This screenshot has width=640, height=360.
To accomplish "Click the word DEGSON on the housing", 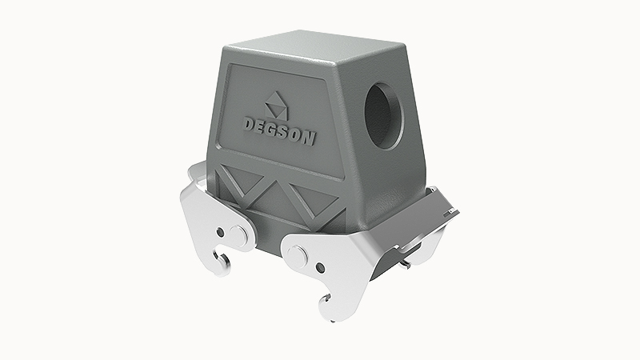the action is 279,130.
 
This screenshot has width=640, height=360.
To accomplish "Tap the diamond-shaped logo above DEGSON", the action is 276,106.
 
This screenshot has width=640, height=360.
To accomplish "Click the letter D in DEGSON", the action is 250,124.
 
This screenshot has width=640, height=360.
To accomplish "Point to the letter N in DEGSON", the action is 310,138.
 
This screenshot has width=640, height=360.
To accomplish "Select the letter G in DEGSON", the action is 274,130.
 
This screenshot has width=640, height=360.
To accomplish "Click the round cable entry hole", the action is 384,116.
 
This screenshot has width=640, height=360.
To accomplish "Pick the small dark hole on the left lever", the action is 221,232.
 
